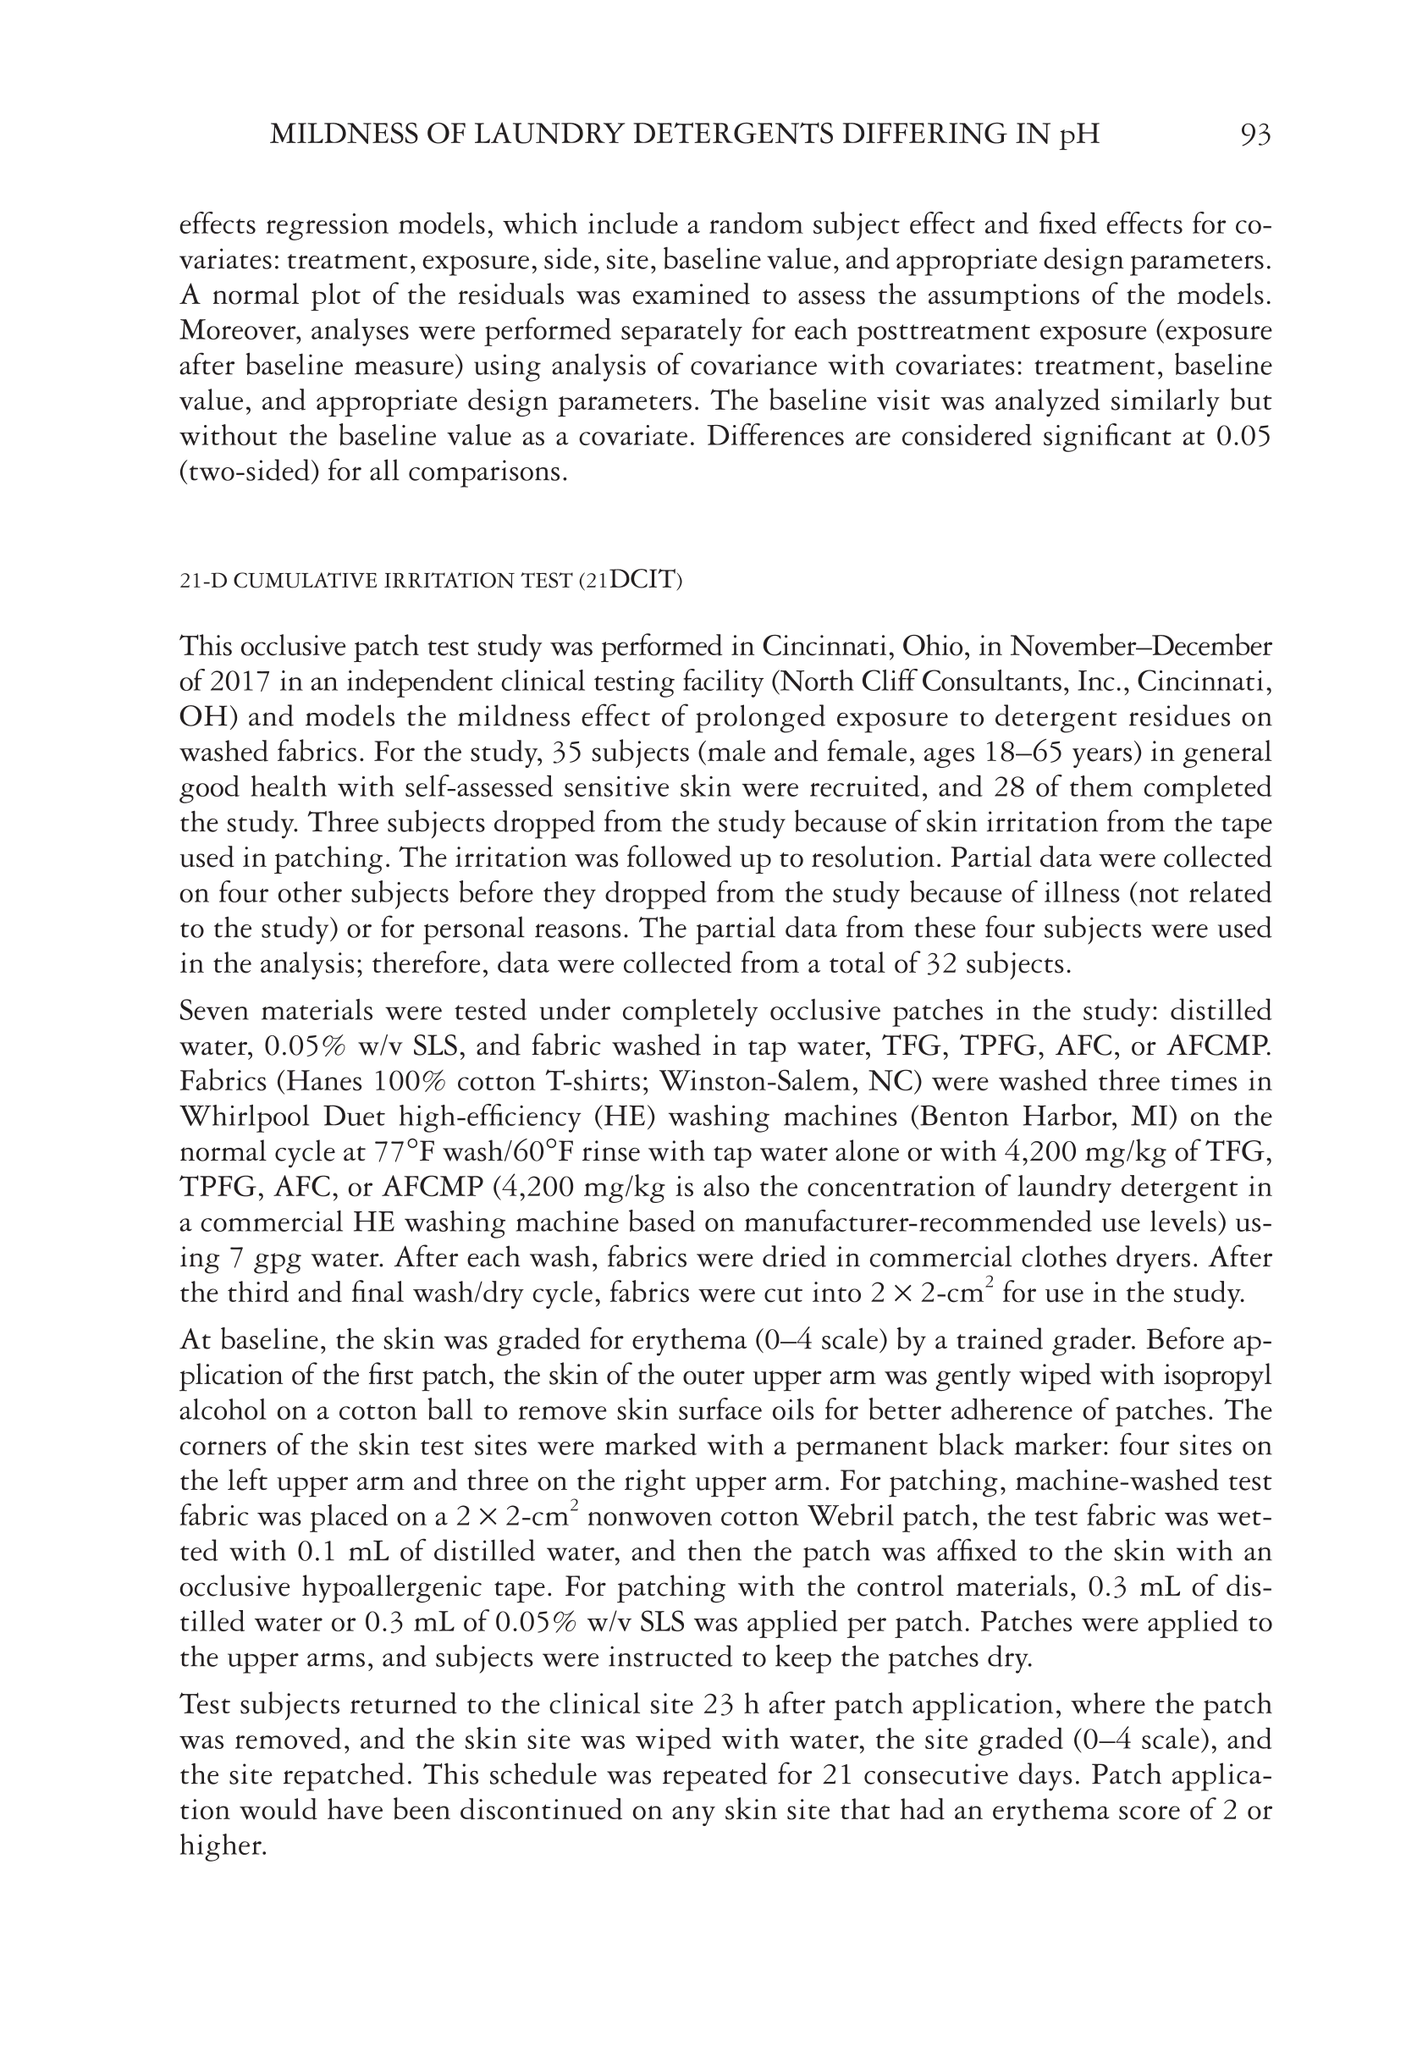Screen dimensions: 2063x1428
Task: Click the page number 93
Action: click(1255, 135)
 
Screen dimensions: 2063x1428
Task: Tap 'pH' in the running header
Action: click(1079, 135)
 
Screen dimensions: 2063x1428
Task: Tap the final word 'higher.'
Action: click(223, 1845)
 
